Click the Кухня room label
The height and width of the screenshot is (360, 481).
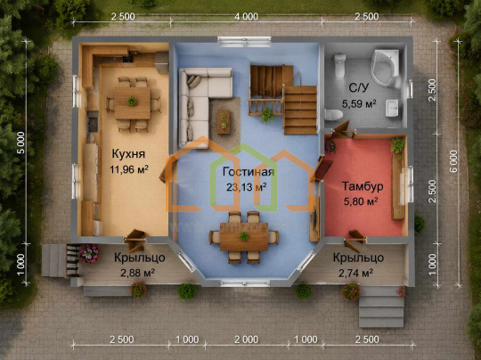point(128,153)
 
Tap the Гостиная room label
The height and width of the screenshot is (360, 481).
point(249,172)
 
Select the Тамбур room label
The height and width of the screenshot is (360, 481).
point(363,186)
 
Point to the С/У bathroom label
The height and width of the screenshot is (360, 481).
point(359,88)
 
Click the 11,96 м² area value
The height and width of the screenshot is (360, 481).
point(129,169)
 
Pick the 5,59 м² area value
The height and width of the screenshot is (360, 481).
point(359,104)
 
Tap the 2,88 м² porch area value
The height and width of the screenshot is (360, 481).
point(137,273)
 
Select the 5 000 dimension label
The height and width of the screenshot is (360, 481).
point(21,143)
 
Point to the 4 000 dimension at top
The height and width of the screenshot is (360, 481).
point(246,17)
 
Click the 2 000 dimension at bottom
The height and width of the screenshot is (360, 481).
point(246,340)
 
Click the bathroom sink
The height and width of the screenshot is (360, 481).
point(392,108)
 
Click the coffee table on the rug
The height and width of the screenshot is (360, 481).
point(224,121)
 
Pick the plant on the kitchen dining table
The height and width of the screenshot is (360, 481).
point(132,101)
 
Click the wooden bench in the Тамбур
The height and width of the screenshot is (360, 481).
point(398,187)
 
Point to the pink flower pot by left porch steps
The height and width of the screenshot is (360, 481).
point(89,254)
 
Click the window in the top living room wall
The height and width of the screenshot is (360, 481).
point(244,42)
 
